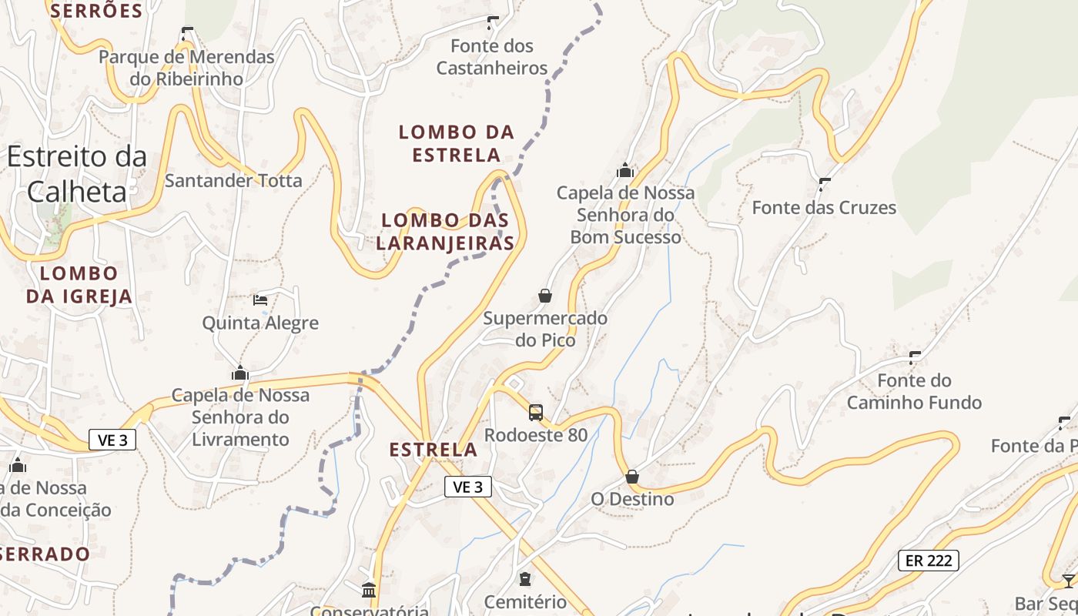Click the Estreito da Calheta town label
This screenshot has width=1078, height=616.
click(x=76, y=174)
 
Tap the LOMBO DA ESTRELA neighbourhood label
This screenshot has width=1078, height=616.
click(x=456, y=143)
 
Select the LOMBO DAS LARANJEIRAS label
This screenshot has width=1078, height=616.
click(x=447, y=232)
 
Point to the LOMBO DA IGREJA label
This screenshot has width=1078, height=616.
click(x=79, y=284)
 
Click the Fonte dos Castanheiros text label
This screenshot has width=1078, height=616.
click(x=492, y=57)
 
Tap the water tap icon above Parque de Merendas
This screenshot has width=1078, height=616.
click(x=186, y=34)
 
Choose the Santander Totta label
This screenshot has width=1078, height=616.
click(x=233, y=181)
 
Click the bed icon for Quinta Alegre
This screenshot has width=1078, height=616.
click(x=260, y=300)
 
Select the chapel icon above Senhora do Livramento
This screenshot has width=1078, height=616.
click(x=240, y=373)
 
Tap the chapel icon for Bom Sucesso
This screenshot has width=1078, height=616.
click(x=625, y=170)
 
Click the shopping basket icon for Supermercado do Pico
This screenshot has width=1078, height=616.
click(x=545, y=296)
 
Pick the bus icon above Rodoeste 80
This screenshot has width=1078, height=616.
click(x=536, y=413)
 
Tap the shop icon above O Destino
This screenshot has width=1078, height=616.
click(x=632, y=477)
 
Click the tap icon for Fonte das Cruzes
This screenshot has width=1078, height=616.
click(x=825, y=185)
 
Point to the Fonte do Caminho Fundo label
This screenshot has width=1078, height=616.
click(x=914, y=391)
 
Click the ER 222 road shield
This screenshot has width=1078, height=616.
click(x=928, y=561)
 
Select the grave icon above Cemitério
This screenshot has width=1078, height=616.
click(x=525, y=579)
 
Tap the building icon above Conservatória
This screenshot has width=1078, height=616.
click(x=369, y=591)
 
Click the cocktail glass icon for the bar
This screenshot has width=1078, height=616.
click(x=1068, y=581)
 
